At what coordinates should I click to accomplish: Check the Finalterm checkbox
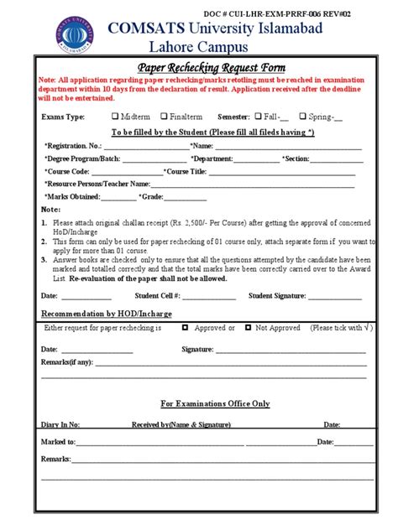pos(164,117)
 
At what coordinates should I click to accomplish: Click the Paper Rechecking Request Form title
pos(212,67)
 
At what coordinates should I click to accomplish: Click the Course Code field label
pos(66,171)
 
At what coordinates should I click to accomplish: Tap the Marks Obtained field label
pos(71,196)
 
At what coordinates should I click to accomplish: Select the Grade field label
pos(151,196)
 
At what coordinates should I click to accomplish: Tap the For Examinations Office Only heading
pos(215,403)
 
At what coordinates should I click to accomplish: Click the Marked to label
pos(58,441)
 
